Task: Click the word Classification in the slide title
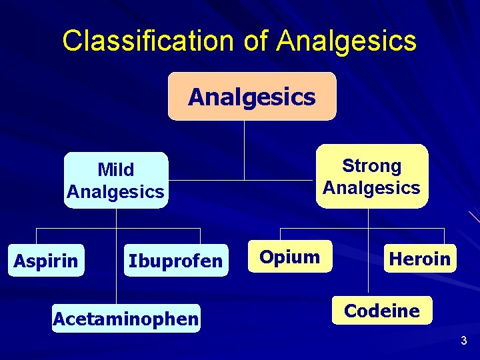147,41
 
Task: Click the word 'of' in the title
254,41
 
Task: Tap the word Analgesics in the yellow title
347,41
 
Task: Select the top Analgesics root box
252,97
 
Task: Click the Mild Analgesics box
116,181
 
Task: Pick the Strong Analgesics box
372,177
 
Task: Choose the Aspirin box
46,260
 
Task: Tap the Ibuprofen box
175,261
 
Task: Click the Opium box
289,257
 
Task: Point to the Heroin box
420,258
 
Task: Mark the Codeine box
382,311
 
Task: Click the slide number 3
464,341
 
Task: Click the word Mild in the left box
115,170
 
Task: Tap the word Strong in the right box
372,166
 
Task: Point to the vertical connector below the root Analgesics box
245,150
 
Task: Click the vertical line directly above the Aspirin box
36,237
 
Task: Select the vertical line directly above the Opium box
281,233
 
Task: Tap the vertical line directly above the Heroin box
444,236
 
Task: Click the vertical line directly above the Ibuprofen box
200,237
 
